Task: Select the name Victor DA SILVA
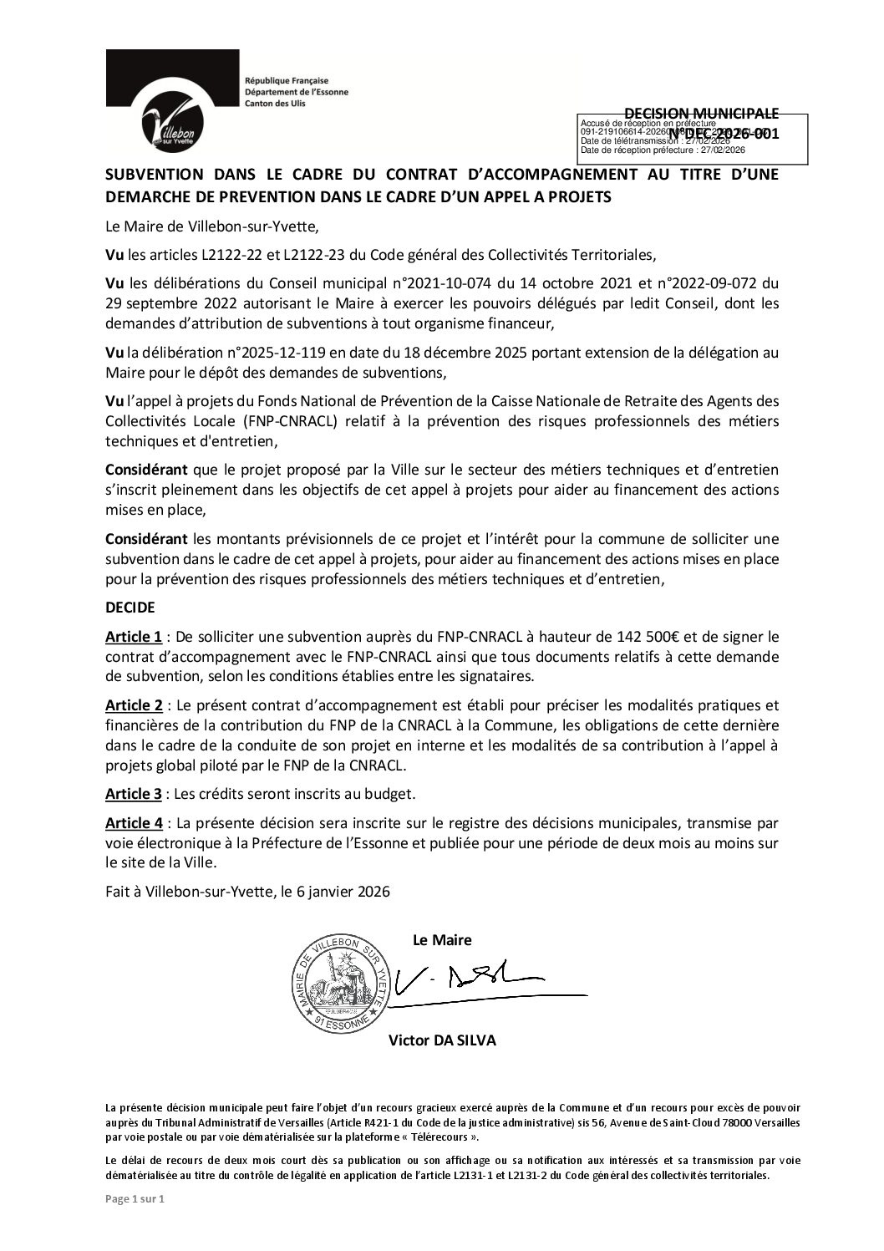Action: [442, 1040]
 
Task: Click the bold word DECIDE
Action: [130, 608]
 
